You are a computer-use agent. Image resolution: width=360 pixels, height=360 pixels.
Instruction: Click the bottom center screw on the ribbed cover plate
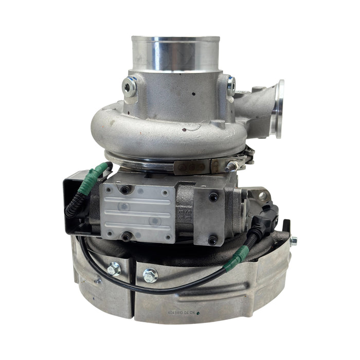[125, 237]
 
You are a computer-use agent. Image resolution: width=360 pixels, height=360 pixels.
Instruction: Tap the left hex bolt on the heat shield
[113, 268]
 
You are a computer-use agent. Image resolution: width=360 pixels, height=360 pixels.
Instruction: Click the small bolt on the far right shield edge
[293, 240]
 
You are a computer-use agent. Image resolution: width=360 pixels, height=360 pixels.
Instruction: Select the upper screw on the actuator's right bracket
[212, 197]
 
